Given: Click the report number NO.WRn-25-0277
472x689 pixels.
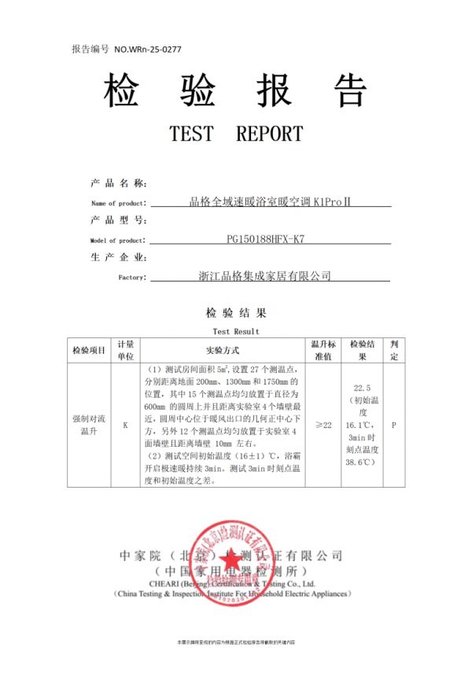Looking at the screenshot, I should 148,49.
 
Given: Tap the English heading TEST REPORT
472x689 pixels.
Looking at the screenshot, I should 236,134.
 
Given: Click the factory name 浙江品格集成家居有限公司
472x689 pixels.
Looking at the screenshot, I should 265,276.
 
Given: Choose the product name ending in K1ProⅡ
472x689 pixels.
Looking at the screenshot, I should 270,202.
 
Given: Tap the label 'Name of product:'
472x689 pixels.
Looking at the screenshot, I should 119,204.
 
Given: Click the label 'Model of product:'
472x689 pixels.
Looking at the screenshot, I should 117,240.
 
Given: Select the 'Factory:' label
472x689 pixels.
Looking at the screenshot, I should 131,277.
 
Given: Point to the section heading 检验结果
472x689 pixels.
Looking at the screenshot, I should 236,313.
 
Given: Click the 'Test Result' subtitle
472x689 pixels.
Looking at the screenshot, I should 236,331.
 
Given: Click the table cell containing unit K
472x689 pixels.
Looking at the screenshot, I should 126,425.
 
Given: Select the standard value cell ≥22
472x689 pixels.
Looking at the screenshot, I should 323,425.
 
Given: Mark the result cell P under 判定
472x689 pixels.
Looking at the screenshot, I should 393,425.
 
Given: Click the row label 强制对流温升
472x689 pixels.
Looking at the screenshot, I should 89,425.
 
